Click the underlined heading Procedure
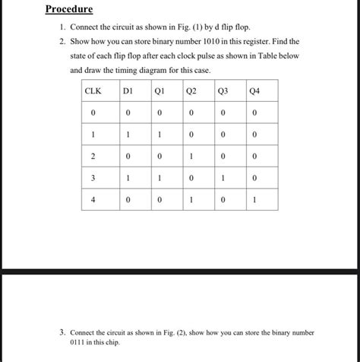click(x=68, y=10)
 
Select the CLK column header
click(x=93, y=91)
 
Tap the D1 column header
click(x=128, y=91)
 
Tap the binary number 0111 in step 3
click(x=80, y=342)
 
